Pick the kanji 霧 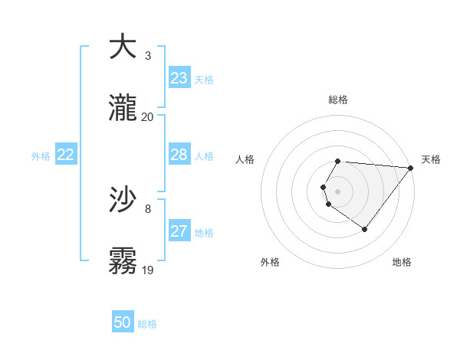[x=123, y=260]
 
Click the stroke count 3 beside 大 [x=148, y=56]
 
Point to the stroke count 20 [x=147, y=117]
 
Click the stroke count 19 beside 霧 [x=147, y=270]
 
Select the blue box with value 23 [x=179, y=78]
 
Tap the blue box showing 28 [x=179, y=155]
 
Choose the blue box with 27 [x=179, y=231]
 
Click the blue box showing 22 [x=66, y=155]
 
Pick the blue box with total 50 [x=123, y=322]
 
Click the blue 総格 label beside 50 [x=147, y=324]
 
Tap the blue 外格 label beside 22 [x=41, y=156]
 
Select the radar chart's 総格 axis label [x=338, y=100]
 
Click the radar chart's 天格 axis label [x=431, y=159]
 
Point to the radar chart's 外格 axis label [x=270, y=263]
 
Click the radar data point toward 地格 [x=365, y=229]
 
